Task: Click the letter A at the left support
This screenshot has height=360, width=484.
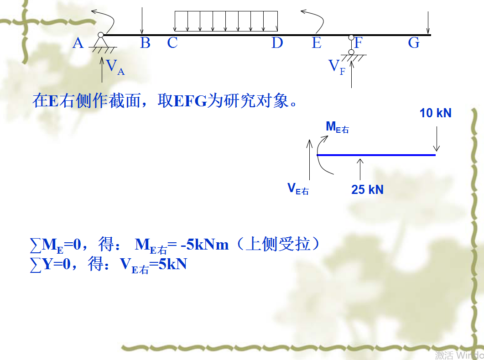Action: coord(78,43)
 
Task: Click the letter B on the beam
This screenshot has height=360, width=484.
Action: coord(145,43)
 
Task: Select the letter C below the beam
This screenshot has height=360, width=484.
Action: coord(172,43)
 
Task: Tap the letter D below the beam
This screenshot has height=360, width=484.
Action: coord(277,43)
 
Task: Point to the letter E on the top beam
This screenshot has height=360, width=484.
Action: coord(317,43)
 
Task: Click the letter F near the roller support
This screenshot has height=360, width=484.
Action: coord(359,43)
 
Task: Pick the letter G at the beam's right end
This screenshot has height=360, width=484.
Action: coord(413,43)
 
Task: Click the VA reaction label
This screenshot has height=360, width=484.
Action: coord(114,67)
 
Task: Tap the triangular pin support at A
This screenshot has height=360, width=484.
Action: coord(101,42)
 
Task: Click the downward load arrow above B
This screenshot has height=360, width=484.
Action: coord(142,21)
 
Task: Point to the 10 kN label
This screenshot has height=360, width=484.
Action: coord(435,113)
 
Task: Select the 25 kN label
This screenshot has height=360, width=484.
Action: coord(367,189)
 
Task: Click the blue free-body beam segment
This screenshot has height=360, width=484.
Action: coord(376,155)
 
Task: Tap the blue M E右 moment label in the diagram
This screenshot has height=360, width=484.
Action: coord(337,127)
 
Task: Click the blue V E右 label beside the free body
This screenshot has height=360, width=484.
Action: coord(298,188)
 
